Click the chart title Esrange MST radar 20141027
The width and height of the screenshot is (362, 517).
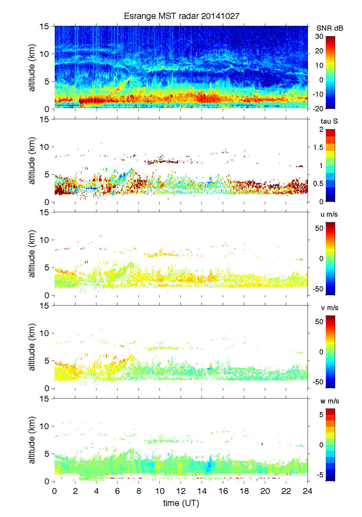pyautogui.click(x=181, y=16)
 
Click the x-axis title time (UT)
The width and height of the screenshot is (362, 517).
pyautogui.click(x=181, y=503)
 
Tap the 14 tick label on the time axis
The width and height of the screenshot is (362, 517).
pyautogui.click(x=202, y=491)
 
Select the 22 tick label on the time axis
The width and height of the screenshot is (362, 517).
pyautogui.click(x=286, y=491)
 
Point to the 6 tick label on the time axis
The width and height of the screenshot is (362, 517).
pyautogui.click(x=117, y=491)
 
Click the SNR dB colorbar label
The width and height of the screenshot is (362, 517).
pyautogui.click(x=330, y=28)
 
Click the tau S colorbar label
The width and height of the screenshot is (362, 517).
pyautogui.click(x=329, y=121)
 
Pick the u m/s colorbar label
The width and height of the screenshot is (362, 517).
pyautogui.click(x=329, y=214)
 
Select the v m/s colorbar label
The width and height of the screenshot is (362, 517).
pyautogui.click(x=329, y=308)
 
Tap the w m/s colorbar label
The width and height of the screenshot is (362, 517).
pyautogui.click(x=330, y=401)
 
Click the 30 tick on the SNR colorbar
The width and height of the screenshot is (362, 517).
pyautogui.click(x=319, y=37)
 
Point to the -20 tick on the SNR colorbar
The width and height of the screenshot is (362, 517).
pyautogui.click(x=318, y=108)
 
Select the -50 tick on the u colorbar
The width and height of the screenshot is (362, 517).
pyautogui.click(x=318, y=289)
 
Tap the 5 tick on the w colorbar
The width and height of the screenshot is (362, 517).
pyautogui.click(x=321, y=415)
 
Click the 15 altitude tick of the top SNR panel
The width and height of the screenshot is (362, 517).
pyautogui.click(x=45, y=26)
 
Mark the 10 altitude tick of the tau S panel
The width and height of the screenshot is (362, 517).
pyautogui.click(x=45, y=147)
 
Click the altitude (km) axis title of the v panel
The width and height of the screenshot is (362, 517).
pyautogui.click(x=32, y=347)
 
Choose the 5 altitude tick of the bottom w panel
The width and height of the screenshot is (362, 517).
pyautogui.click(x=47, y=454)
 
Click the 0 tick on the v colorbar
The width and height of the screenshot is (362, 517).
pyautogui.click(x=321, y=352)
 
